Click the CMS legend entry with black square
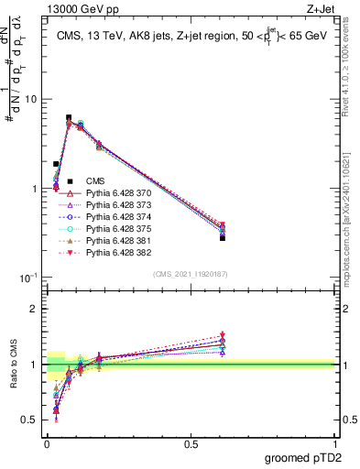tap(96, 182)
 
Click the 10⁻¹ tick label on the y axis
tap(30, 278)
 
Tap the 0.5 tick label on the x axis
tap(191, 444)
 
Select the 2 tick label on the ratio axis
tap(36, 309)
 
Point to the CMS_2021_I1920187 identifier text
tap(190, 274)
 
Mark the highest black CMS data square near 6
tap(69, 117)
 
